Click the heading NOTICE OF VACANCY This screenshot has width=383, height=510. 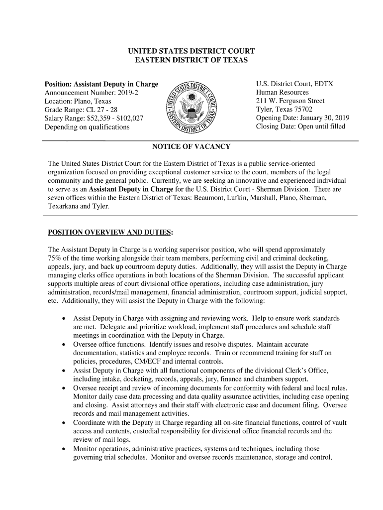[191, 146]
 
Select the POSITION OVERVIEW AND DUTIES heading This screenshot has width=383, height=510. [110, 233]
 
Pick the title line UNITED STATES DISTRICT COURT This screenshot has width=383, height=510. [191, 51]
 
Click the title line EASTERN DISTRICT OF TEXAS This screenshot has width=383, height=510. [191, 60]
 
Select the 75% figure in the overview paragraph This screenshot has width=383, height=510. [54, 257]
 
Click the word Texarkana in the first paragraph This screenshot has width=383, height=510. [63, 206]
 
